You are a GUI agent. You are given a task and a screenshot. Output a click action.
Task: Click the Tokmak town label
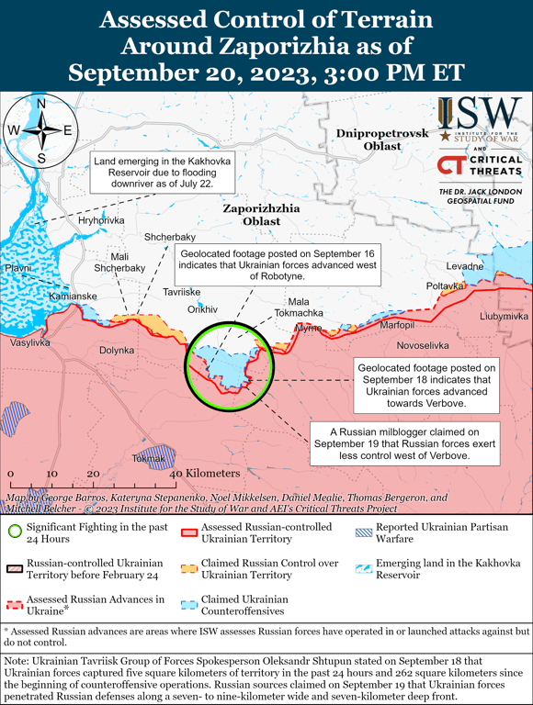coord(148,457)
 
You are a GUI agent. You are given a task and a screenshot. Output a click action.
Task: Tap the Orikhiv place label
coord(203,309)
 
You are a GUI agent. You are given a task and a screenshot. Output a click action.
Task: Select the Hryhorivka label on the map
coord(101,221)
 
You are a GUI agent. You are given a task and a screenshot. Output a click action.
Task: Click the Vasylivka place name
coord(31,342)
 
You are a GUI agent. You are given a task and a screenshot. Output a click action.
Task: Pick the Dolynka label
coord(117,350)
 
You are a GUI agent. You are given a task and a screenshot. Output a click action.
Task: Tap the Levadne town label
coord(465,266)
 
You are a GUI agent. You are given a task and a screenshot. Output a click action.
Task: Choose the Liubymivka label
coord(504,316)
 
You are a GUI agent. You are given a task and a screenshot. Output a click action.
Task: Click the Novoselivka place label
coord(423,345)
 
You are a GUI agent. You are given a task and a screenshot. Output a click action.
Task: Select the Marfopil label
coord(398,325)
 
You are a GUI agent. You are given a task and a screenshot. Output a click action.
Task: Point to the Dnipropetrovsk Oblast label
coord(382,140)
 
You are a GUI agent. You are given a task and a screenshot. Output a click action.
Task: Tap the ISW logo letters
coord(479,114)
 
